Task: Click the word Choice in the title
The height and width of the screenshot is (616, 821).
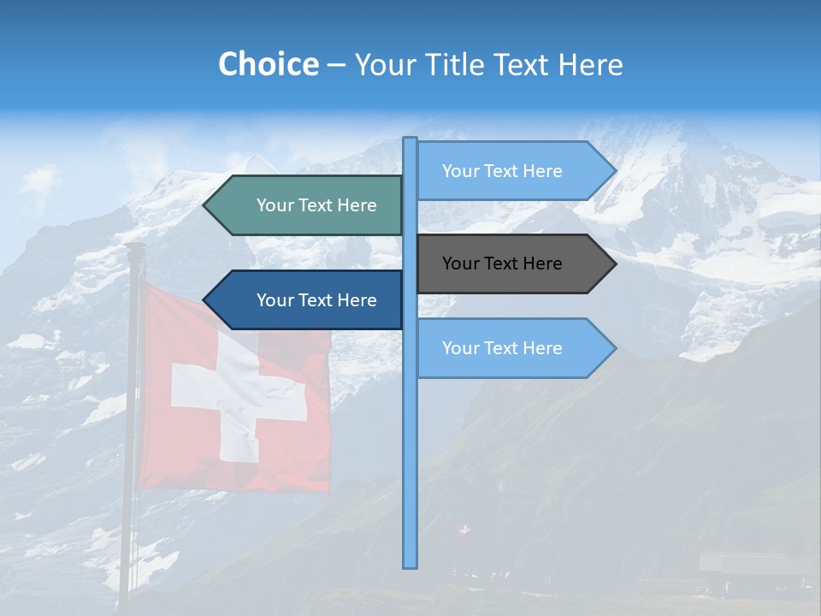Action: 268,64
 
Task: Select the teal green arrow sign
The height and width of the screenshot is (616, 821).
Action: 308,205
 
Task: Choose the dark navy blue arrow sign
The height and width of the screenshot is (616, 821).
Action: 308,300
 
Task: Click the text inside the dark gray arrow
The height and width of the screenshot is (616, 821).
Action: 502,264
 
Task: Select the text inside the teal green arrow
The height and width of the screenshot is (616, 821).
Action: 316,205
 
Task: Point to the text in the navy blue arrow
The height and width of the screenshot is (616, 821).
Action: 316,300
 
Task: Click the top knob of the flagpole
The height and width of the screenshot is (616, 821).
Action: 134,247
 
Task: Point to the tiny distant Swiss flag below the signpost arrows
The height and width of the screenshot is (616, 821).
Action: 464,530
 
